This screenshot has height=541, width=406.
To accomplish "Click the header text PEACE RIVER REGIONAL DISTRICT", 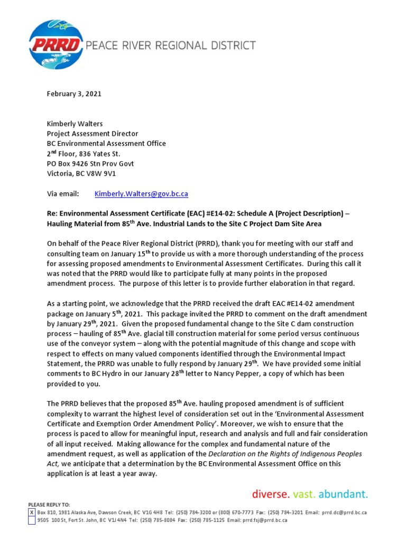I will point(170,45).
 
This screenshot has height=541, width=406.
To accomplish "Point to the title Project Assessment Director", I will point(93,133).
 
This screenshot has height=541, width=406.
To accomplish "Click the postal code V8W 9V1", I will point(116,174).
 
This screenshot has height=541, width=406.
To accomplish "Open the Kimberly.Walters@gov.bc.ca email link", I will point(141,194).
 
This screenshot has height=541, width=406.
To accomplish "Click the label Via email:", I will point(63,194).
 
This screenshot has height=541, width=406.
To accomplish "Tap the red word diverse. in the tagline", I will point(270,495).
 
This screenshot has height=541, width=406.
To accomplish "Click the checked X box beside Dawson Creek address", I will point(32,512).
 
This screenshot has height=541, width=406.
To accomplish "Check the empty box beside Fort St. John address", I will point(32,520).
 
